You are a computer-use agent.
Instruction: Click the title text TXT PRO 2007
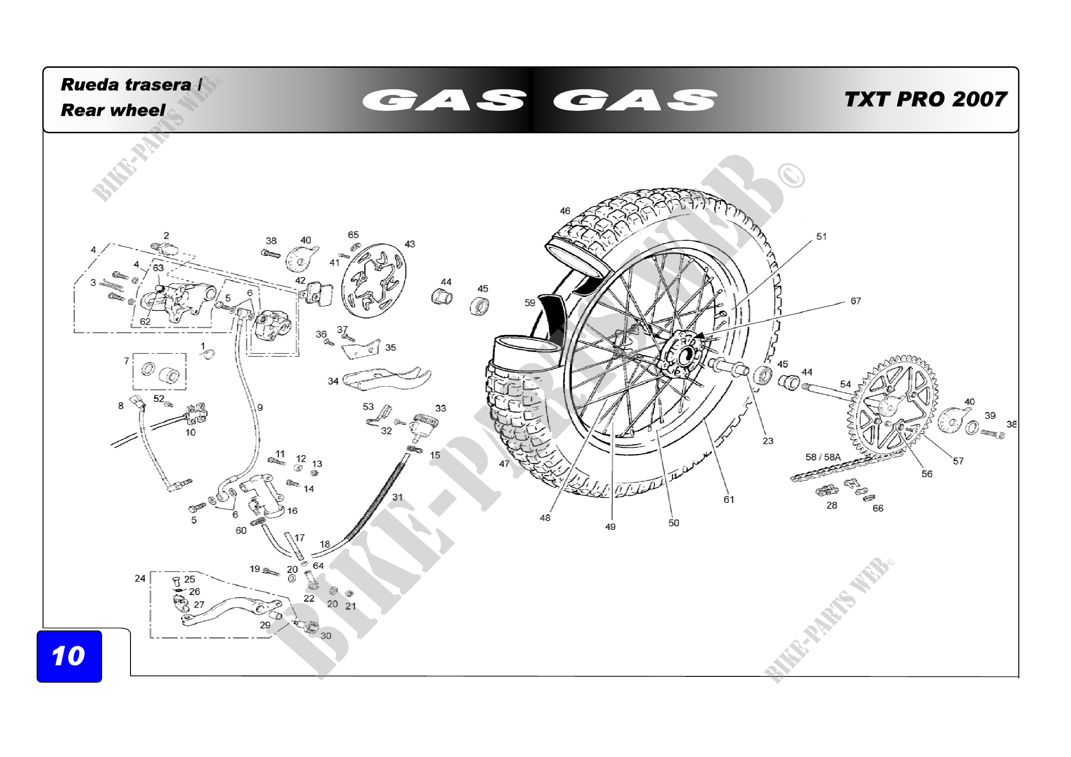click(x=925, y=99)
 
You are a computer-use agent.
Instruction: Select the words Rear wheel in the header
click(x=113, y=110)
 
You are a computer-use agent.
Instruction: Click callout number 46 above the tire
click(x=565, y=211)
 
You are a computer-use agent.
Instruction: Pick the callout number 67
click(x=855, y=301)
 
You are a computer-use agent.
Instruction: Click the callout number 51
click(x=821, y=237)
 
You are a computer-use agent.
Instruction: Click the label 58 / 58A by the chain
click(x=823, y=457)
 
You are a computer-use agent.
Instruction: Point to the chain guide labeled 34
click(x=385, y=378)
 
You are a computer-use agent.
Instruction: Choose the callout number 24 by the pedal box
click(x=140, y=578)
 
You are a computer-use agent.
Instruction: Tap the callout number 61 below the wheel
click(x=728, y=500)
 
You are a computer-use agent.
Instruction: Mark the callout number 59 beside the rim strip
click(x=529, y=303)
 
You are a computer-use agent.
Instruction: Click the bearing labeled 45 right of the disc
click(x=479, y=305)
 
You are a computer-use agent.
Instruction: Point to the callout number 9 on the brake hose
click(x=260, y=408)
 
